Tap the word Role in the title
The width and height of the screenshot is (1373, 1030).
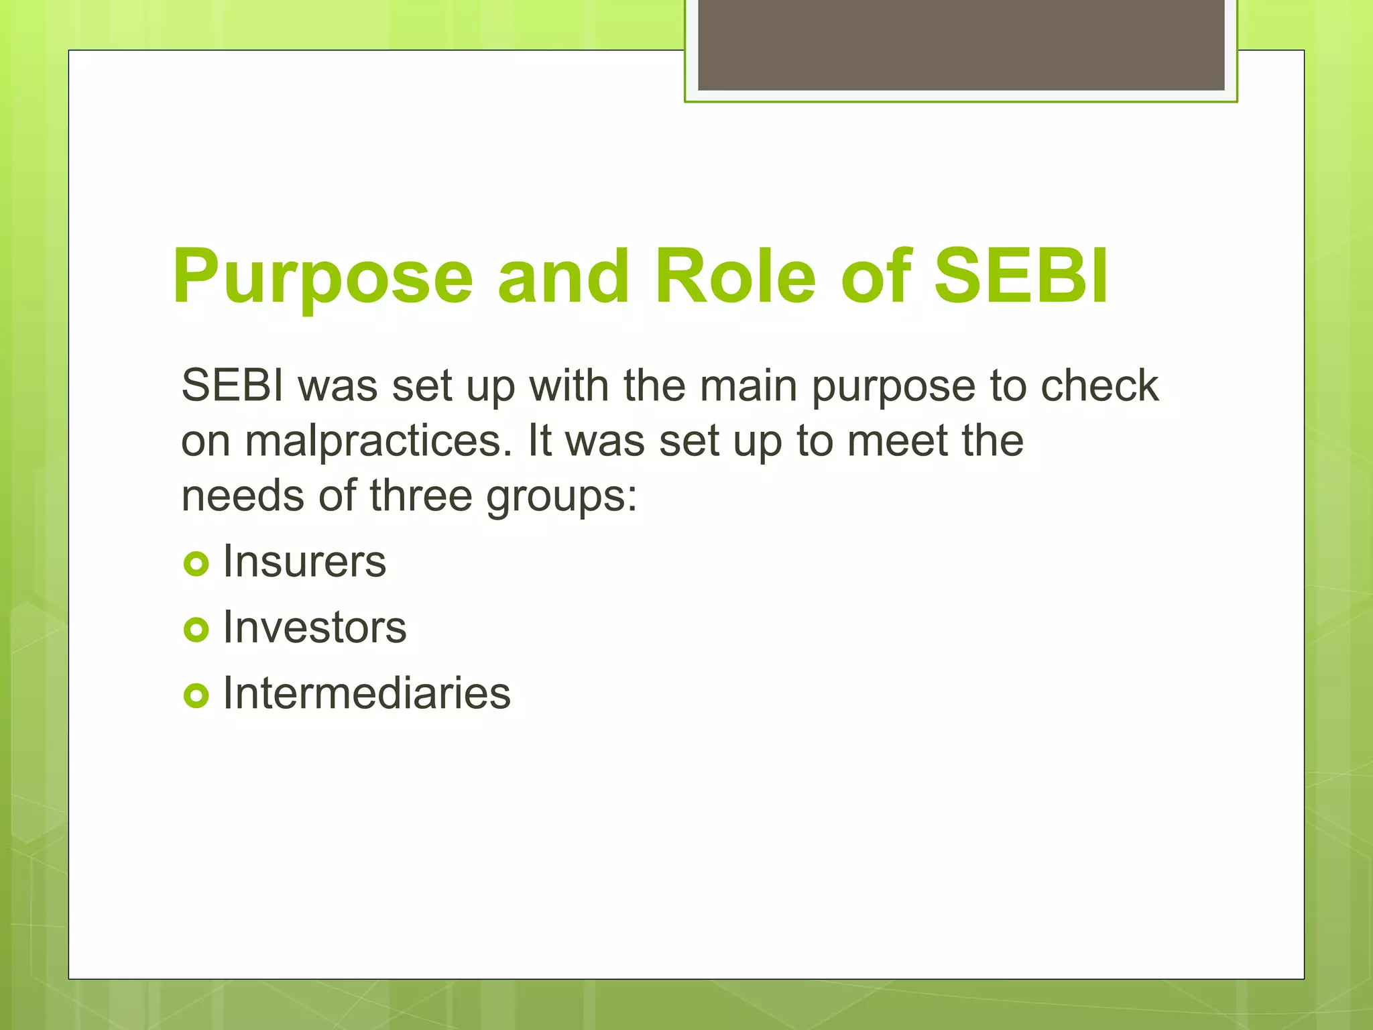point(735,276)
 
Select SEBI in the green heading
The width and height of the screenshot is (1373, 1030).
point(1020,276)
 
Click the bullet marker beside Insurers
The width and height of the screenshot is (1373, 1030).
point(196,563)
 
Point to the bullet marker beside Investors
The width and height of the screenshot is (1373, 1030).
point(196,629)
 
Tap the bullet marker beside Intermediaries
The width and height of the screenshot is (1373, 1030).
point(196,695)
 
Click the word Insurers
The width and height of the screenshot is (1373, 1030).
point(304,561)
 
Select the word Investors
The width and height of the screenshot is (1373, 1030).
point(314,628)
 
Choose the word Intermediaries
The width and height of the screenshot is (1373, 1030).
point(367,693)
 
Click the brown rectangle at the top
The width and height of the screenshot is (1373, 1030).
point(961,44)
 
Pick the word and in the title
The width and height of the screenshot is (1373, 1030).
point(563,276)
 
